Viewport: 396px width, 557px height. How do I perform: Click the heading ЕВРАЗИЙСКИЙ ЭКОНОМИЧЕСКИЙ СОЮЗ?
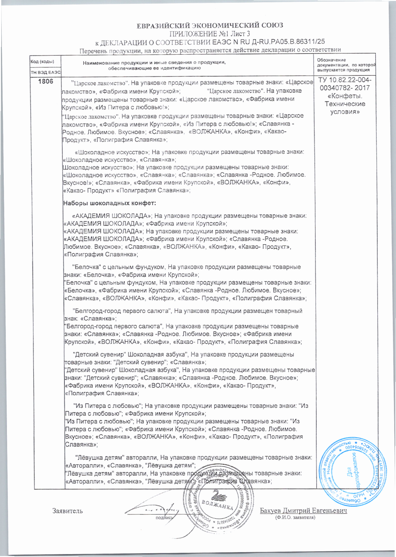tap(210, 25)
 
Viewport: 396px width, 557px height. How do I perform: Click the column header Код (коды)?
tap(42, 62)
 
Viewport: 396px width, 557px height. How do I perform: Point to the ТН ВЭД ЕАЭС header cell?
tap(45, 72)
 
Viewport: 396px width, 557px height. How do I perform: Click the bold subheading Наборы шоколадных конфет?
tap(109, 203)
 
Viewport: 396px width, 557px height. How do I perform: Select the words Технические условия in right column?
tap(345, 108)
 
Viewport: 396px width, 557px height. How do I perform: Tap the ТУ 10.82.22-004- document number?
tap(345, 80)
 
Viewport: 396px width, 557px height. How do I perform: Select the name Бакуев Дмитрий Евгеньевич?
tap(303, 510)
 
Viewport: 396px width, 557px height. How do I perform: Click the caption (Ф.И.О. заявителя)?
tap(295, 517)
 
